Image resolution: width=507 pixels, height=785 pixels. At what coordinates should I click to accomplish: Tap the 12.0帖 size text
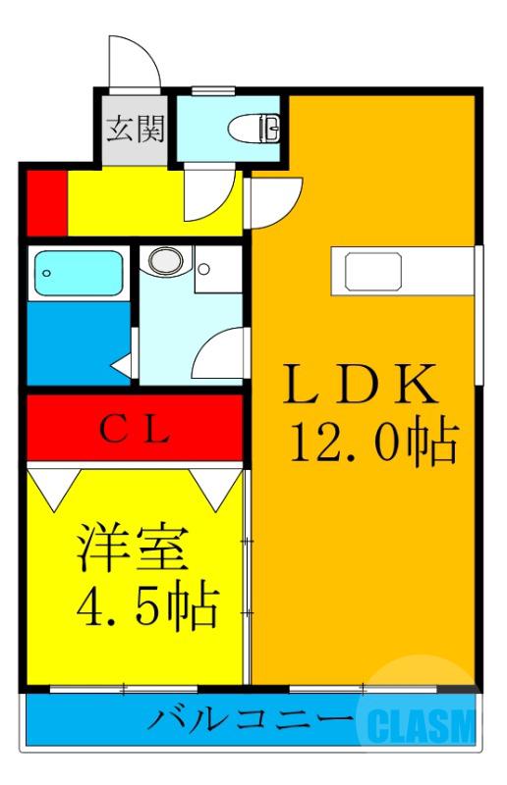372,445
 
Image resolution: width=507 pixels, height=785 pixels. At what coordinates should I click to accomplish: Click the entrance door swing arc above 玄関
136,65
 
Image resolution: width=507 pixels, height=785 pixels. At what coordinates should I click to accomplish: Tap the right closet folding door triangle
216,481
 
